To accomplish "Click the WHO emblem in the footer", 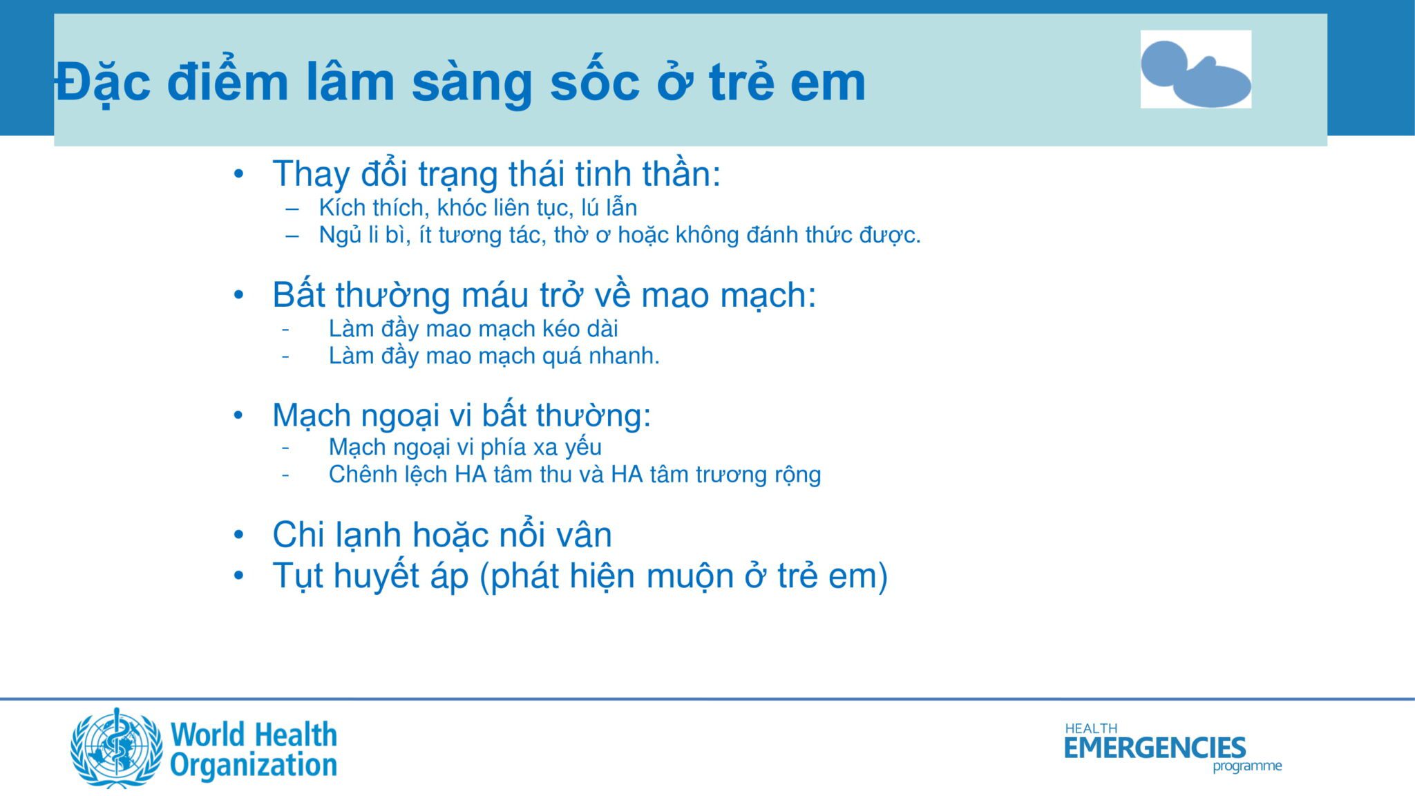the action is pyautogui.click(x=117, y=748).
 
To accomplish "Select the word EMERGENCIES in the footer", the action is pyautogui.click(x=1155, y=748).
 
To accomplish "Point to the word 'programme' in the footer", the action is pyautogui.click(x=1247, y=766).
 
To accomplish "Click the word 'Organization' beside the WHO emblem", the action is pyautogui.click(x=254, y=766).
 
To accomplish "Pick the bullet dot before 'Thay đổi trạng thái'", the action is pyautogui.click(x=238, y=174).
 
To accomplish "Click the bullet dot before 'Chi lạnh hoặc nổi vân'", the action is pyautogui.click(x=238, y=535).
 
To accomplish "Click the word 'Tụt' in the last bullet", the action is pyautogui.click(x=297, y=576).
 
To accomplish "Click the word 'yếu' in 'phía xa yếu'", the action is pyautogui.click(x=583, y=448).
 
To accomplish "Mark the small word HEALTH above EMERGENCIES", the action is pyautogui.click(x=1091, y=728).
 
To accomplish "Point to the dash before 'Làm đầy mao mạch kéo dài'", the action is pyautogui.click(x=285, y=329).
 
